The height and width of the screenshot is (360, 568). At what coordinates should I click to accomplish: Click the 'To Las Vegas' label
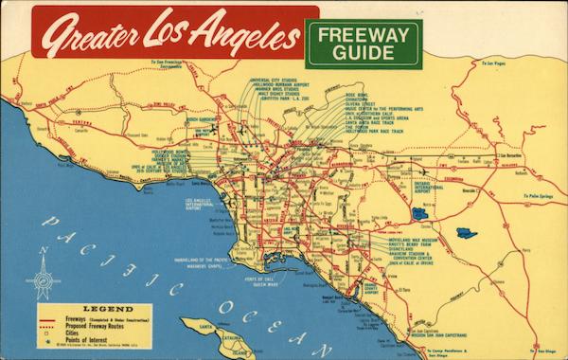tap(494, 64)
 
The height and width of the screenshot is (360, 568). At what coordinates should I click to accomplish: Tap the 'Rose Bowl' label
tap(356, 95)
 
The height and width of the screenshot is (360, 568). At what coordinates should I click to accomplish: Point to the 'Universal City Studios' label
tap(274, 81)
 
